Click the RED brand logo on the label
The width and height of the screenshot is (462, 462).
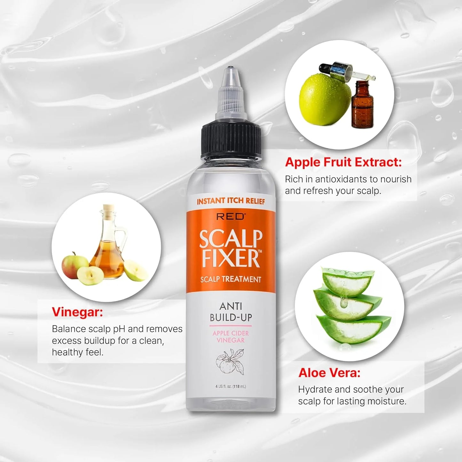(231, 216)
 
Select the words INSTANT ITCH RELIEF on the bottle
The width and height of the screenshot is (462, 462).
(231, 201)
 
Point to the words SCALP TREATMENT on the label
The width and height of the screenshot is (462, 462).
(231, 279)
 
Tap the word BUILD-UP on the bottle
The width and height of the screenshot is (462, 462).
(231, 317)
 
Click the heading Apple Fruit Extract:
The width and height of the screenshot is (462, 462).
(343, 162)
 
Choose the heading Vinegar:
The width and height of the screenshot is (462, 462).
(77, 312)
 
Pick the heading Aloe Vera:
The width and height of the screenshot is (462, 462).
(329, 373)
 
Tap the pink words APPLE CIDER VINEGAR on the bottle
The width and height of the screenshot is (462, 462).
(231, 337)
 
